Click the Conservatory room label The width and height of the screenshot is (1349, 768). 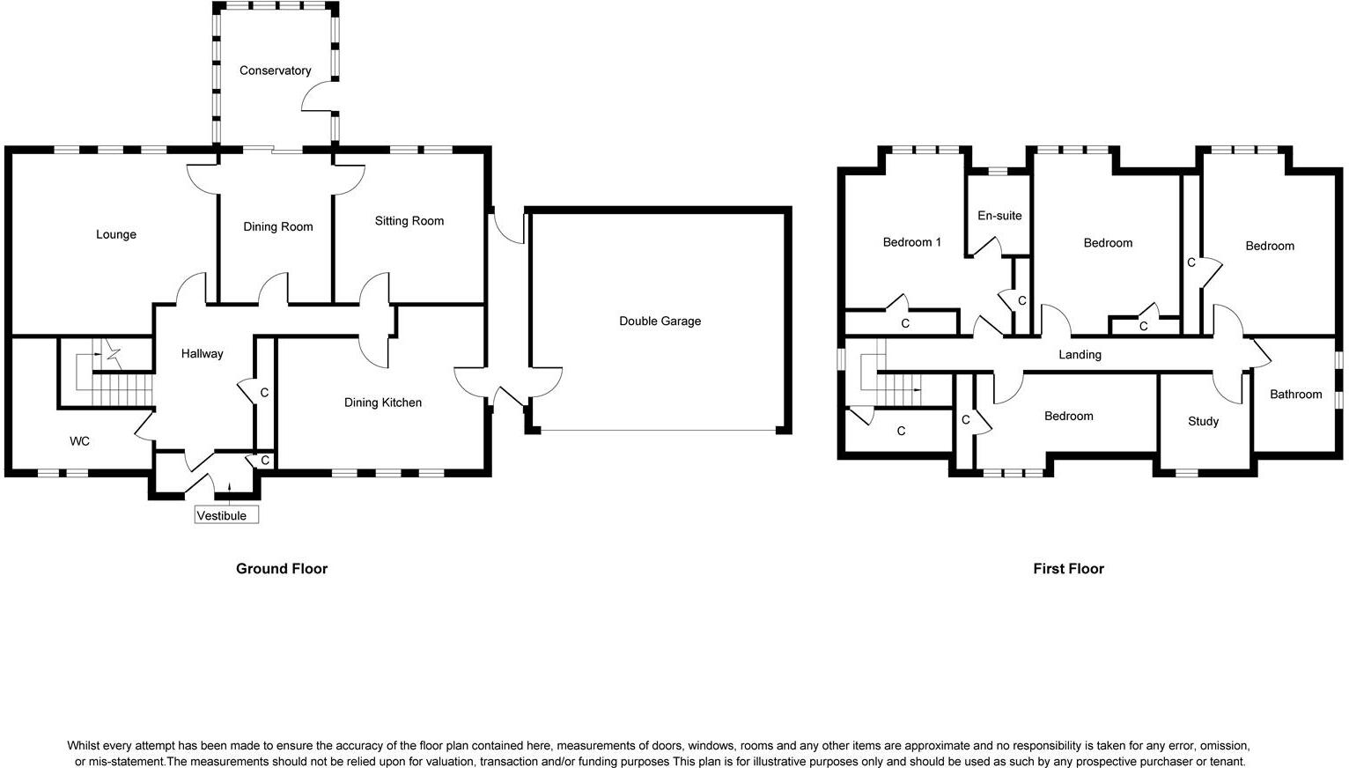pos(275,70)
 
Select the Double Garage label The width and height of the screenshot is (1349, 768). pos(660,321)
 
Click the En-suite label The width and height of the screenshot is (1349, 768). pos(999,216)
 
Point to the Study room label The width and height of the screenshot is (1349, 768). pos(1203,421)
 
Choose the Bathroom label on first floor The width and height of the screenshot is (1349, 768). pos(1295,395)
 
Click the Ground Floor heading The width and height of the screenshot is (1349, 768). pos(281,569)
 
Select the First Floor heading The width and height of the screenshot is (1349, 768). pos(1068,569)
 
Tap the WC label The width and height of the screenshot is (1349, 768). pos(79,441)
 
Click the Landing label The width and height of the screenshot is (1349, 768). pos(1080,355)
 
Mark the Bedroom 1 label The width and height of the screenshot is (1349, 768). pos(911,242)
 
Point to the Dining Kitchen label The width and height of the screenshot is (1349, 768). pos(382,402)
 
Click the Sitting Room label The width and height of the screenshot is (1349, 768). pos(409,221)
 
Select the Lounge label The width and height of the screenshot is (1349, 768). pos(116,234)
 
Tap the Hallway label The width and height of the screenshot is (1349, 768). pos(202,354)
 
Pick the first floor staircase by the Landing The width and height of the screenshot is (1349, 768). pos(896,383)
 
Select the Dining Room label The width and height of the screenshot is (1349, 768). pos(277,227)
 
